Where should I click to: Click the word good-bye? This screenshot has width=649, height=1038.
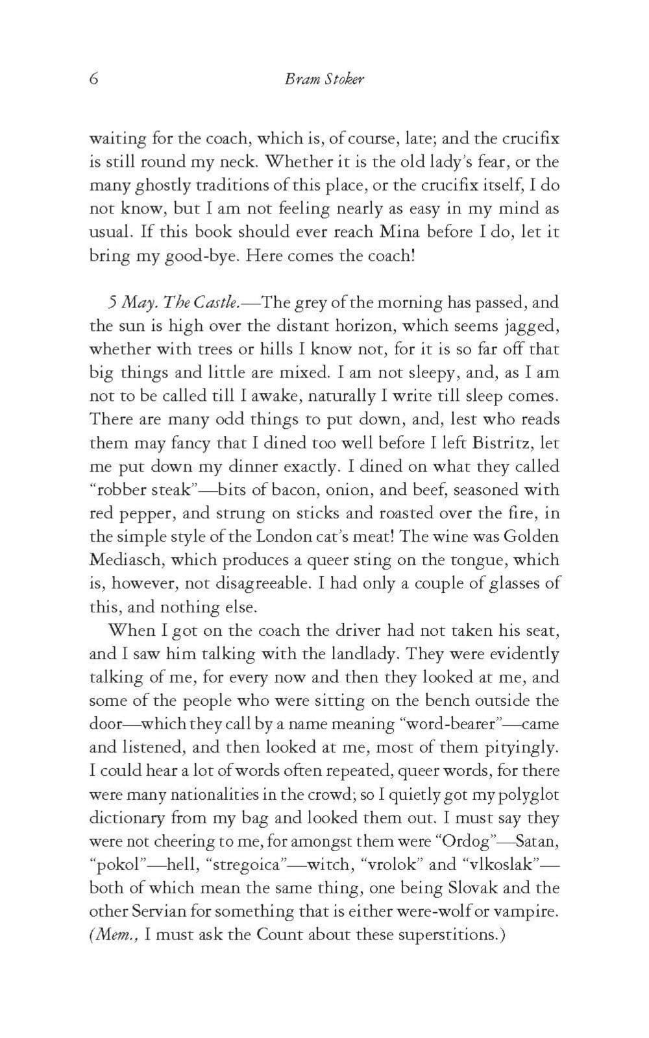(x=189, y=256)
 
